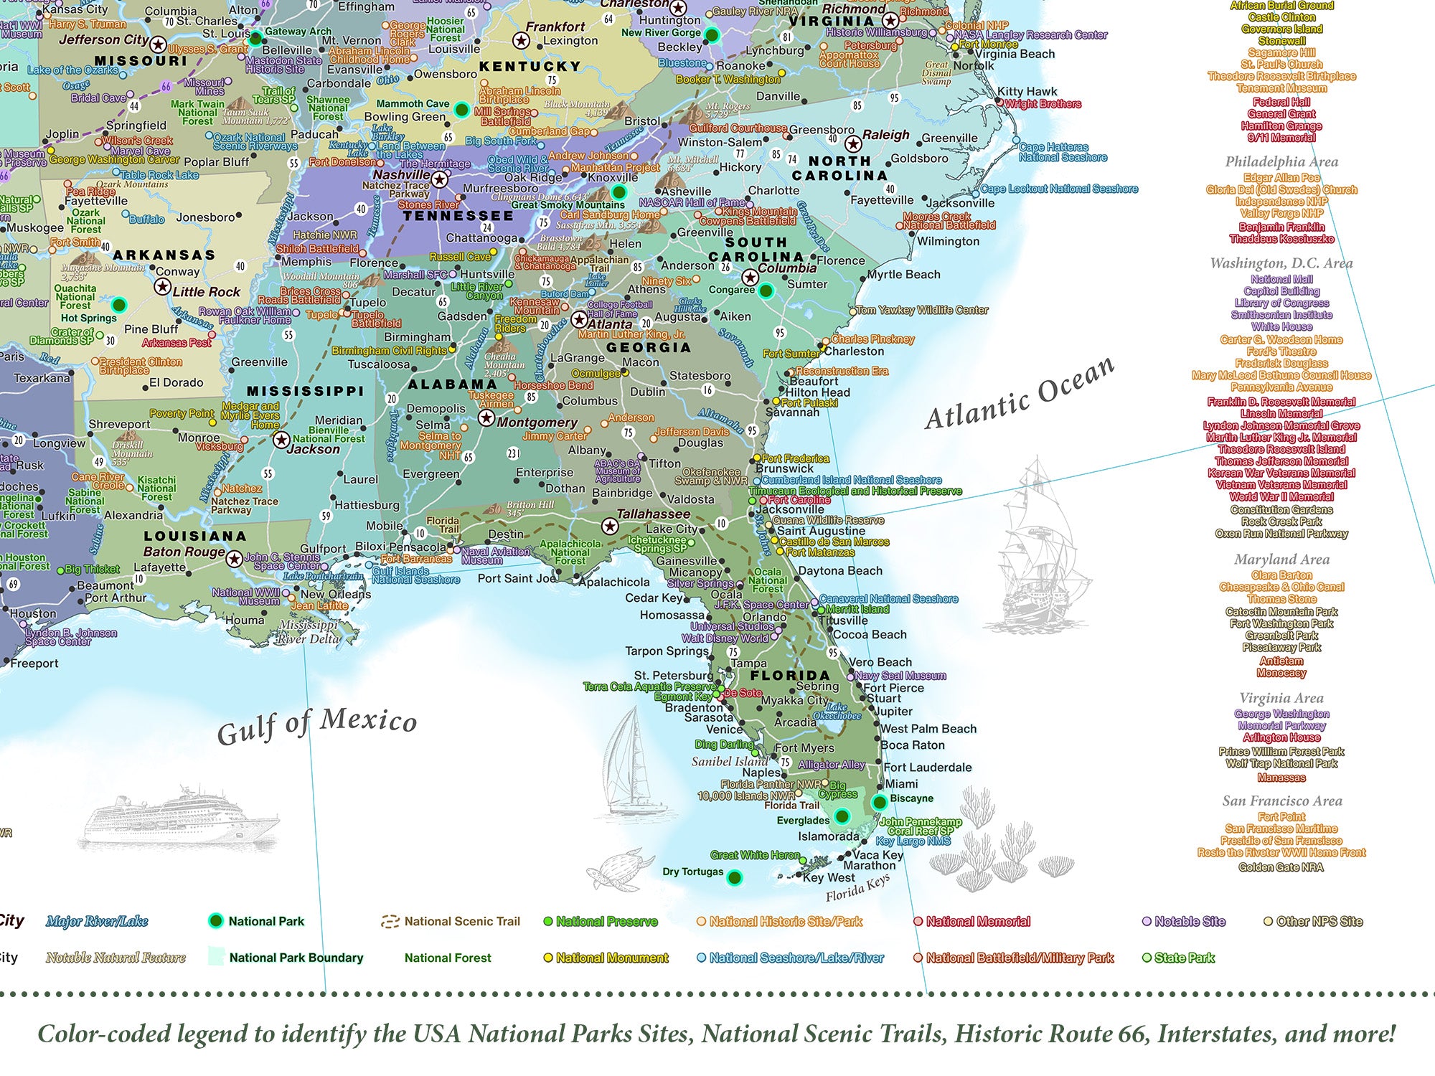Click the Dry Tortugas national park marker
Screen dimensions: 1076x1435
[x=734, y=877]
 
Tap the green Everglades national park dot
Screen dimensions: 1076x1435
[x=842, y=816]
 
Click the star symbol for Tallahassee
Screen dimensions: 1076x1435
[x=610, y=527]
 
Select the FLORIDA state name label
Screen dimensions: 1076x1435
[x=789, y=675]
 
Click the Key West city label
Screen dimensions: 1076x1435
[x=829, y=877]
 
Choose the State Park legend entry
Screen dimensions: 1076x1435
[x=1184, y=958]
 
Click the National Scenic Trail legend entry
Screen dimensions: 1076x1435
[x=461, y=922]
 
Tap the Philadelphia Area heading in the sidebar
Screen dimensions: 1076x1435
[x=1281, y=161]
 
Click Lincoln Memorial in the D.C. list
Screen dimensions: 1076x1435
[x=1281, y=414]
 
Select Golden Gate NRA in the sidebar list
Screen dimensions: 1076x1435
[x=1281, y=867]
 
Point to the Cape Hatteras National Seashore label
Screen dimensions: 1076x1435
[x=1062, y=152]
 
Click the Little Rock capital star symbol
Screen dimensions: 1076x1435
[x=163, y=288]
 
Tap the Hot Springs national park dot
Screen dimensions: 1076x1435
[x=119, y=305]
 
